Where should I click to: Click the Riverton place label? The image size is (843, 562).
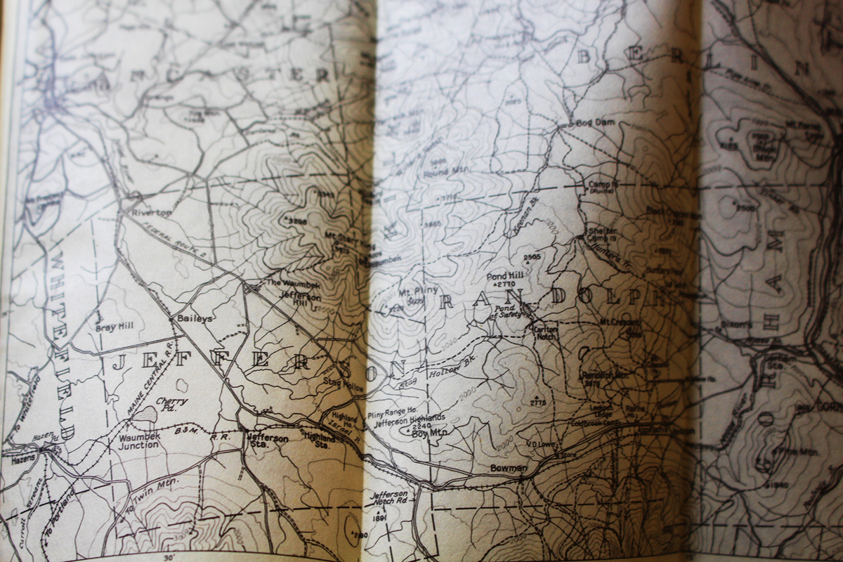[x=156, y=213]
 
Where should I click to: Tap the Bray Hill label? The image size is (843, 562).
[x=114, y=326]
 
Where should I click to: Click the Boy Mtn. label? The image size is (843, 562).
[x=429, y=433]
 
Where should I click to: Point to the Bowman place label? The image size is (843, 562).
[x=509, y=468]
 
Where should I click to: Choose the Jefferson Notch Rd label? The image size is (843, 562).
[x=388, y=497]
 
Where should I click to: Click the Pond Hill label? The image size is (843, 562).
[x=501, y=275]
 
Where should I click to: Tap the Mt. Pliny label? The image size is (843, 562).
[x=418, y=290]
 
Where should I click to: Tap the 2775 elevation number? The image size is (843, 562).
[x=539, y=403]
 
